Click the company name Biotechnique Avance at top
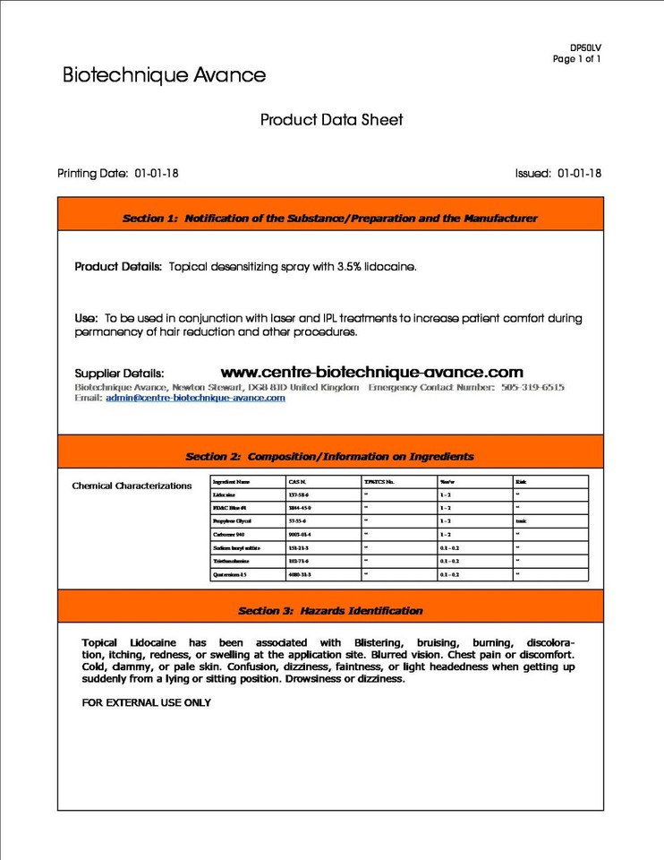164,75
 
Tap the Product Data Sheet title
331,119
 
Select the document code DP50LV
585,47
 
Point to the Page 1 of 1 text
576,59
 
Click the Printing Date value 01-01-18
157,173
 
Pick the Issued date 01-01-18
579,173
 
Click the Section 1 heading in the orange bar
329,218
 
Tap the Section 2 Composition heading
329,456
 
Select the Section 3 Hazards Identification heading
329,610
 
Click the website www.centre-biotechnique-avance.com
371,372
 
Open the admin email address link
195,398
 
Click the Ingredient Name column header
232,482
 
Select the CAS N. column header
297,482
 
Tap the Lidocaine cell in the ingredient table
225,494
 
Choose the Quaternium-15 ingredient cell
230,574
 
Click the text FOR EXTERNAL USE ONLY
146,703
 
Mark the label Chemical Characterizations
132,486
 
